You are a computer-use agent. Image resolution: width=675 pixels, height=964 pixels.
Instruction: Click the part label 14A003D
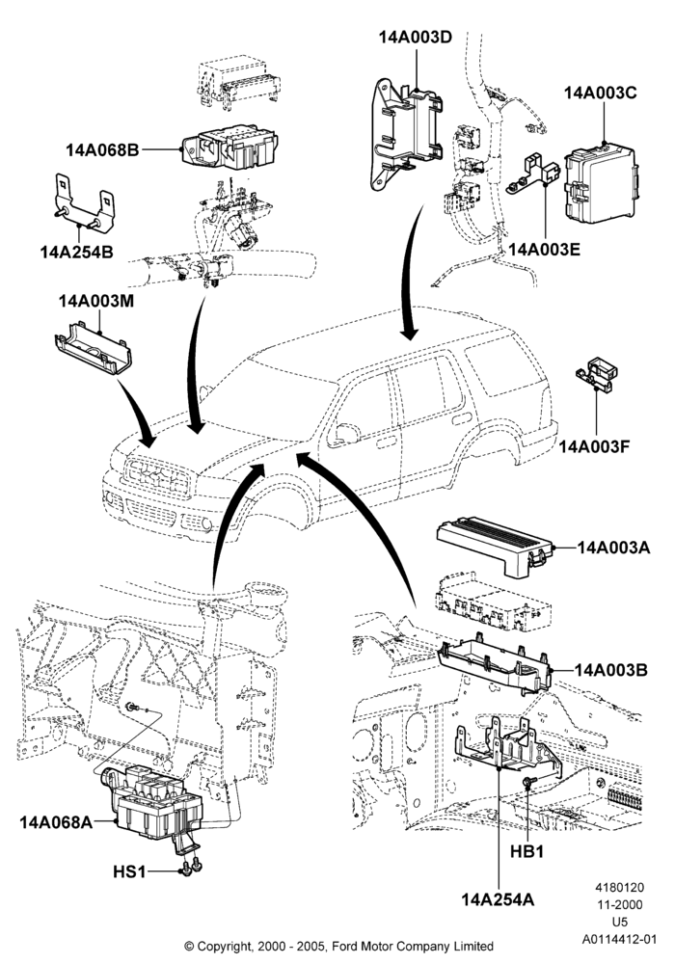[x=415, y=37]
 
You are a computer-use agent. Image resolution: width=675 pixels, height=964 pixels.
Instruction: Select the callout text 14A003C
[x=600, y=93]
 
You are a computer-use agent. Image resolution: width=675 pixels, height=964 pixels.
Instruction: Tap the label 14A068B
[x=102, y=149]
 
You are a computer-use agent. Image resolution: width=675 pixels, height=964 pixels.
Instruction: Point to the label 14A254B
[x=77, y=252]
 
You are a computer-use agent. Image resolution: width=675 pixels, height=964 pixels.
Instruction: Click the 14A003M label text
[x=96, y=301]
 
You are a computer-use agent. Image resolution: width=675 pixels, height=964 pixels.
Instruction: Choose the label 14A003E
[x=545, y=249]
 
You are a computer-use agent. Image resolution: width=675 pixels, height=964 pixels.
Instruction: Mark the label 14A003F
[x=594, y=445]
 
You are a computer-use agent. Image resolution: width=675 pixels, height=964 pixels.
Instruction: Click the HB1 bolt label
[x=527, y=851]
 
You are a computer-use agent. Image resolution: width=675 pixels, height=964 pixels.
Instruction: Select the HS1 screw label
[x=129, y=871]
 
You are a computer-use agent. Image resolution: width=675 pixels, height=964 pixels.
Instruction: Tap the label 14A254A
[x=498, y=899]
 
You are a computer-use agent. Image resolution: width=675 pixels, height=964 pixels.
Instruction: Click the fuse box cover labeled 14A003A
[x=495, y=547]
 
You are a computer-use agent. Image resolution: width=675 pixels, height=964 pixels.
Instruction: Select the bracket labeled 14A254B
[x=84, y=203]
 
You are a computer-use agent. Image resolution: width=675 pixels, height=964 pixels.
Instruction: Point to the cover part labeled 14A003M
[x=94, y=347]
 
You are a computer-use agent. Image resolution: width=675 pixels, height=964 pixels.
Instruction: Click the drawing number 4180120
[x=619, y=887]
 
